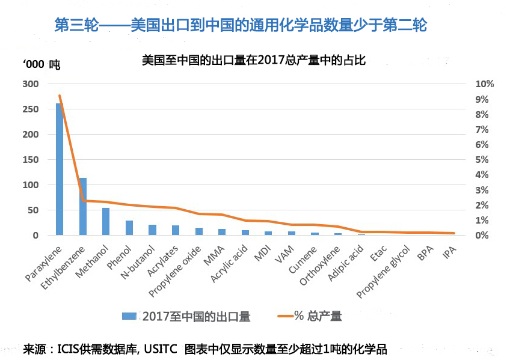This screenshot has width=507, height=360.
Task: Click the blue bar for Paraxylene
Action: tap(60, 169)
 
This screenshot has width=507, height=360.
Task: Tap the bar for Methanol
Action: tap(106, 222)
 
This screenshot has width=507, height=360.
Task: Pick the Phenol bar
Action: tap(129, 228)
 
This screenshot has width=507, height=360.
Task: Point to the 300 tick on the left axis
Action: tap(29, 84)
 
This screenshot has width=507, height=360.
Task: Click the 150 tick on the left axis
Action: tap(29, 160)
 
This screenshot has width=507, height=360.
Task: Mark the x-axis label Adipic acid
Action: tap(346, 264)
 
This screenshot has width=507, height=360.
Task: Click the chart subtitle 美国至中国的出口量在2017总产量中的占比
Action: tap(254, 61)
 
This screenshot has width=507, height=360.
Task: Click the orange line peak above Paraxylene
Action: tap(60, 96)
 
